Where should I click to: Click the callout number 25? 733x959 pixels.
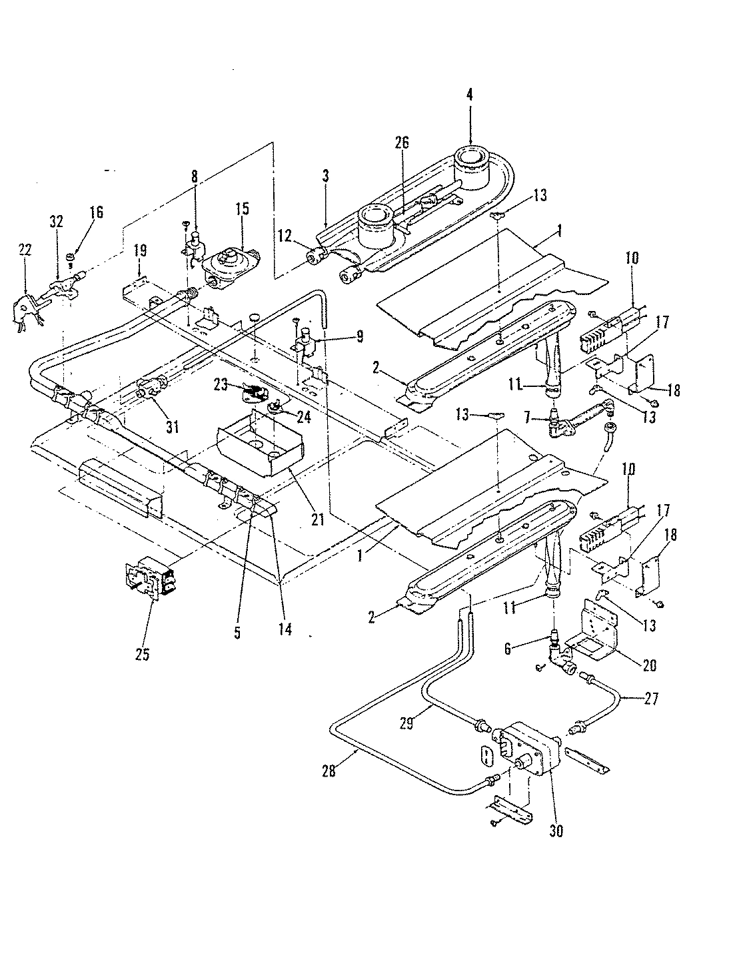[141, 655]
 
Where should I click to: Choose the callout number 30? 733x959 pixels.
[556, 831]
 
